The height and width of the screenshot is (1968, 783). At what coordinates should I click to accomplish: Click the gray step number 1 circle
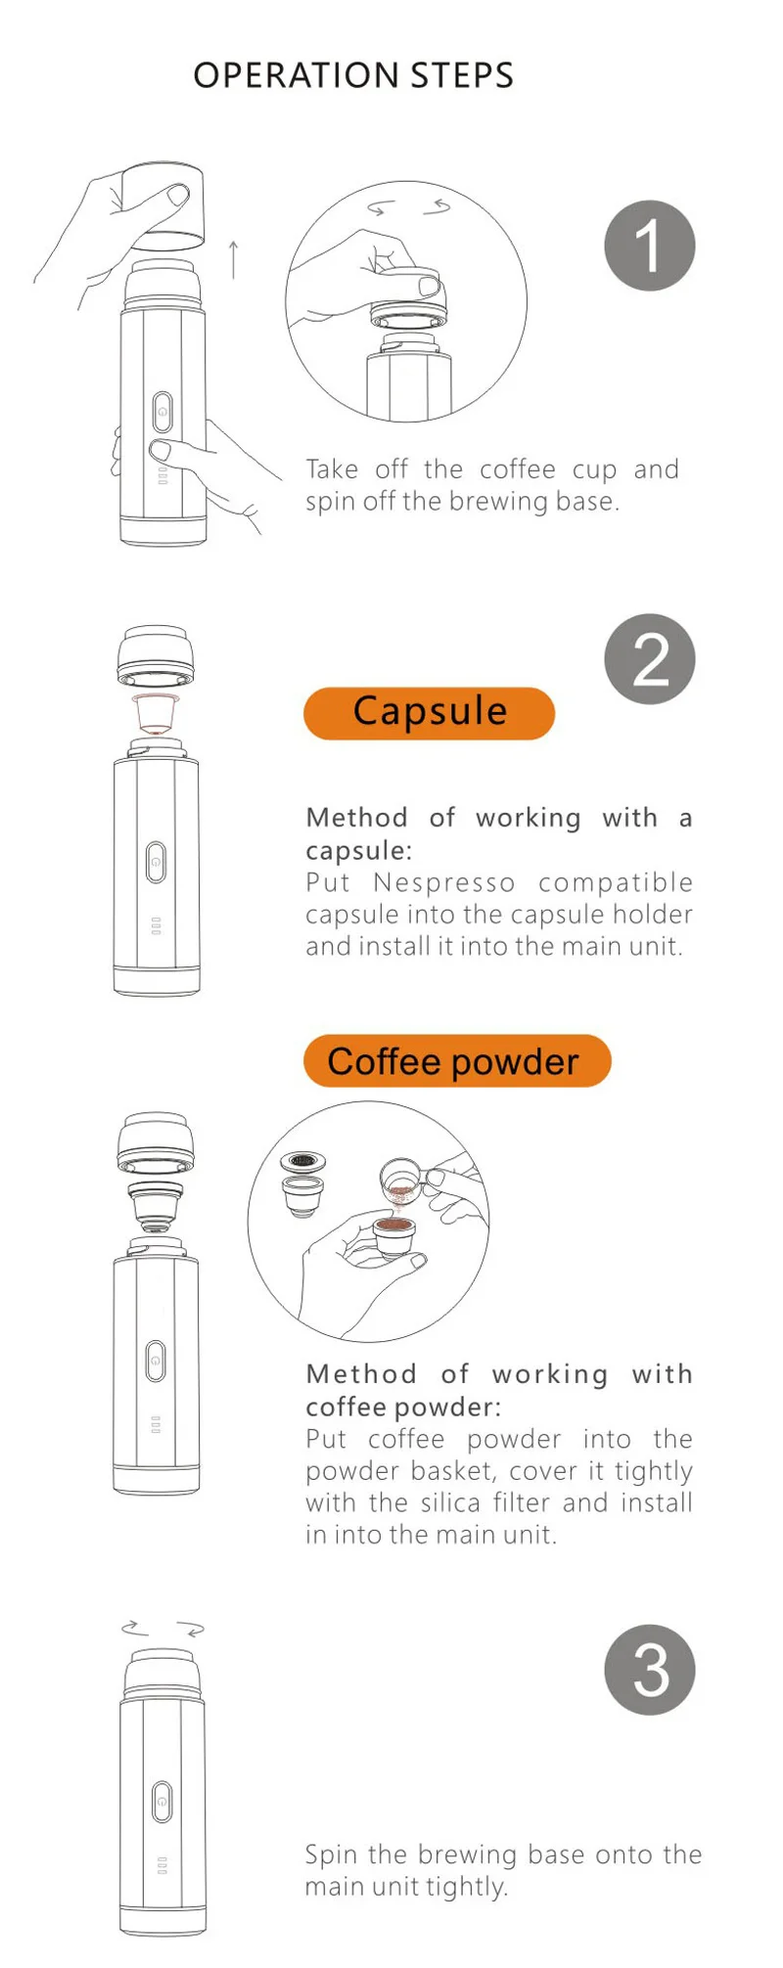pyautogui.click(x=650, y=246)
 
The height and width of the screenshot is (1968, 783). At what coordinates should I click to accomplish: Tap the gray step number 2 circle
pyautogui.click(x=650, y=659)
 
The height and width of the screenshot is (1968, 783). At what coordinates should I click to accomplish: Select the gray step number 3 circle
pyautogui.click(x=650, y=1670)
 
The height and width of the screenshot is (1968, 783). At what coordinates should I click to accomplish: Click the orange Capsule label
pyautogui.click(x=430, y=713)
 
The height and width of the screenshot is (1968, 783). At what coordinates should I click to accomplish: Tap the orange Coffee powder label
pyautogui.click(x=457, y=1061)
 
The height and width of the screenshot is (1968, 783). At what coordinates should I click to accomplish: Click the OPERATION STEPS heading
pyautogui.click(x=353, y=75)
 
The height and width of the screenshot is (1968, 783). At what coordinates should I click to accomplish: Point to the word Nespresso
pyautogui.click(x=443, y=882)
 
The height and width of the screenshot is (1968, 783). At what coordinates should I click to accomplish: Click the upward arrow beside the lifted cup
pyautogui.click(x=233, y=259)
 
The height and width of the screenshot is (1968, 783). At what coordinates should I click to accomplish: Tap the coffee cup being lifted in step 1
pyautogui.click(x=162, y=205)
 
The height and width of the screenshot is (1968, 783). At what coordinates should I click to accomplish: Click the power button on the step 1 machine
pyautogui.click(x=162, y=412)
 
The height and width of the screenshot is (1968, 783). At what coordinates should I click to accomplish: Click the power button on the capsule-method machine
pyautogui.click(x=156, y=862)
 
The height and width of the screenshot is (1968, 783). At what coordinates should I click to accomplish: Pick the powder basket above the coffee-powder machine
pyautogui.click(x=155, y=1205)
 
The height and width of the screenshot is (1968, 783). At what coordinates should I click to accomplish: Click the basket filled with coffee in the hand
pyautogui.click(x=394, y=1235)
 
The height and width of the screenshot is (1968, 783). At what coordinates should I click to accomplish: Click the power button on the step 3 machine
pyautogui.click(x=162, y=1801)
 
